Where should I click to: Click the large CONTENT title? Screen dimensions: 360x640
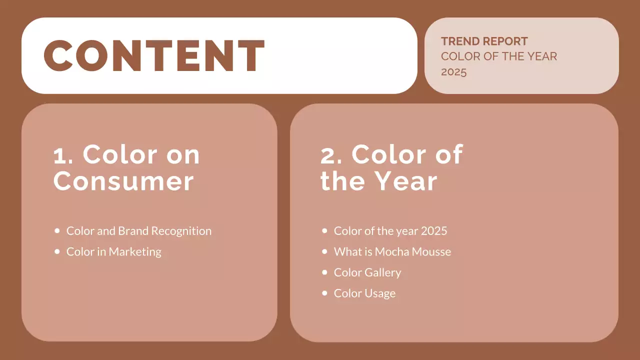click(154, 55)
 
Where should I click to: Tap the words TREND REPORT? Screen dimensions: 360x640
click(484, 41)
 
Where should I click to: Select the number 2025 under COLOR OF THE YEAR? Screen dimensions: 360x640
click(453, 72)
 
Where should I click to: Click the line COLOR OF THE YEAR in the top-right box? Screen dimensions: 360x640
click(498, 56)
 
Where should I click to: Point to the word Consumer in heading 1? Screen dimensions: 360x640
click(123, 181)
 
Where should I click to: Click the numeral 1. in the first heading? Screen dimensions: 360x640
click(63, 155)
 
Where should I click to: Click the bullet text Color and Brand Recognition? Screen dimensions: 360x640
click(138, 231)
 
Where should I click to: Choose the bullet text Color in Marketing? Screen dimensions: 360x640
click(113, 251)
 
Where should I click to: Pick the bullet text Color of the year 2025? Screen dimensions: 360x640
click(390, 231)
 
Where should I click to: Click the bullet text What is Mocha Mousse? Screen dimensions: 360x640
click(392, 251)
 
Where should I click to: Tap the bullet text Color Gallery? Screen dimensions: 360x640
click(367, 272)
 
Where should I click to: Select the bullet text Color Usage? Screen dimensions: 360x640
click(364, 293)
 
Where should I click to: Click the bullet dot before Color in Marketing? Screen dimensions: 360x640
click(56, 251)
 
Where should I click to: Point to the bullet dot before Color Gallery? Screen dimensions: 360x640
click(324, 272)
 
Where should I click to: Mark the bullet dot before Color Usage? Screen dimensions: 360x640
click(324, 293)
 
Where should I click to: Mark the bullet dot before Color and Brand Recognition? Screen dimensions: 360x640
click(56, 231)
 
